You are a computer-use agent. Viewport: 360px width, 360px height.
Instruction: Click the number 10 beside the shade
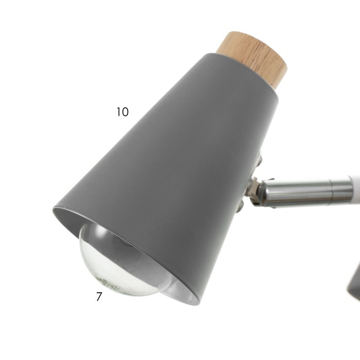(x=122, y=112)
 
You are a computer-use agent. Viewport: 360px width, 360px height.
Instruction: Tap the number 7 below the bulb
(x=99, y=296)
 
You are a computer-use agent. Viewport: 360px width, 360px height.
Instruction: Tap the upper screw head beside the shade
(x=259, y=159)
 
